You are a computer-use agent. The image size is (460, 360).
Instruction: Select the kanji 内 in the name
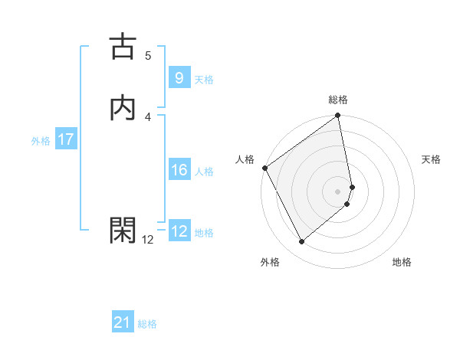click(x=123, y=108)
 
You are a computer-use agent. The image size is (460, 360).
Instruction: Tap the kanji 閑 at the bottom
click(x=123, y=229)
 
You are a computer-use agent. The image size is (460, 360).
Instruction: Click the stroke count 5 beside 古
click(x=148, y=55)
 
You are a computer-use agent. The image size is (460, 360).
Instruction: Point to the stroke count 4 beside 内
click(x=148, y=116)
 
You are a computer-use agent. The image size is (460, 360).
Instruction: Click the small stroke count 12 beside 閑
click(x=148, y=239)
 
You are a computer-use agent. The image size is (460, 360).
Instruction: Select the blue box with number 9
click(x=179, y=77)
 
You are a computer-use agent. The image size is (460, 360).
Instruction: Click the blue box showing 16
click(x=179, y=170)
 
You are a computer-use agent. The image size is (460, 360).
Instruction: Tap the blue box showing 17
click(x=65, y=139)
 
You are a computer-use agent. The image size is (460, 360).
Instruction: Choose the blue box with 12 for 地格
click(x=179, y=231)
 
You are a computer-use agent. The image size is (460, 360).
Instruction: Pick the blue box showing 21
click(x=123, y=322)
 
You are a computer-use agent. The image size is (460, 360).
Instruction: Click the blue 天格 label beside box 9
click(x=204, y=80)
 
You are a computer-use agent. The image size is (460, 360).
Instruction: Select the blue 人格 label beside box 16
click(x=204, y=172)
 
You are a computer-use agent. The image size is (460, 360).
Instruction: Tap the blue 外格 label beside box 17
click(x=41, y=141)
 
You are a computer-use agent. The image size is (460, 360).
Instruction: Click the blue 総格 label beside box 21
click(x=147, y=324)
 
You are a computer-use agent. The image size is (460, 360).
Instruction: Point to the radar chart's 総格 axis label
click(x=338, y=100)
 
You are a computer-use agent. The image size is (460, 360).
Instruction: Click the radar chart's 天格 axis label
click(x=432, y=159)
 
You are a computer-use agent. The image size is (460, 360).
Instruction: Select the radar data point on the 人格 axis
click(x=264, y=168)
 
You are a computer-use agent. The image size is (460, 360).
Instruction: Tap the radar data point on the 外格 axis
click(x=301, y=242)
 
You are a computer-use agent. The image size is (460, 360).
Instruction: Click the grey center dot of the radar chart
click(x=338, y=191)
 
